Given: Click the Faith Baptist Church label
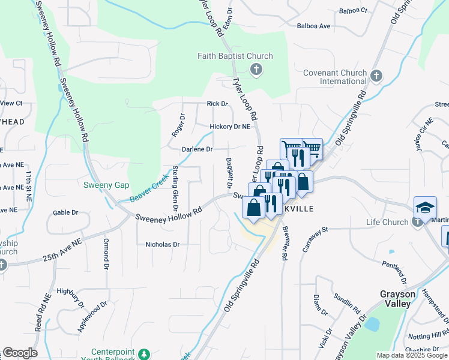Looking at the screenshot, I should click(x=235, y=56).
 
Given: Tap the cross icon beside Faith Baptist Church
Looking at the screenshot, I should click(x=256, y=69).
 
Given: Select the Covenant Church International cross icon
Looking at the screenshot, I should click(x=376, y=76).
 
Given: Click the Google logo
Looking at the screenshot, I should click(x=19, y=353).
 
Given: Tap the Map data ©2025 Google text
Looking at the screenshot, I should click(x=411, y=355).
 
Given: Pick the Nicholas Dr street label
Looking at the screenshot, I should click(x=163, y=245).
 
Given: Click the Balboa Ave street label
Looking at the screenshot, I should click(x=314, y=26).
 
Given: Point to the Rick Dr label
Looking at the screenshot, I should click(x=217, y=104).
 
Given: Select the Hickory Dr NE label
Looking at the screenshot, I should click(x=229, y=127).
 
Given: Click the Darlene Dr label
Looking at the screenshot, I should click(x=197, y=149).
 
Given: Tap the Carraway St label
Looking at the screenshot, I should click(x=316, y=238).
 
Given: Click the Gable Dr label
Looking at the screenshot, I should click(x=65, y=212).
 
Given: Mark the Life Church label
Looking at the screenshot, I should click(x=388, y=223).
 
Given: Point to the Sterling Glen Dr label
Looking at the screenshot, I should click(x=176, y=188).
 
